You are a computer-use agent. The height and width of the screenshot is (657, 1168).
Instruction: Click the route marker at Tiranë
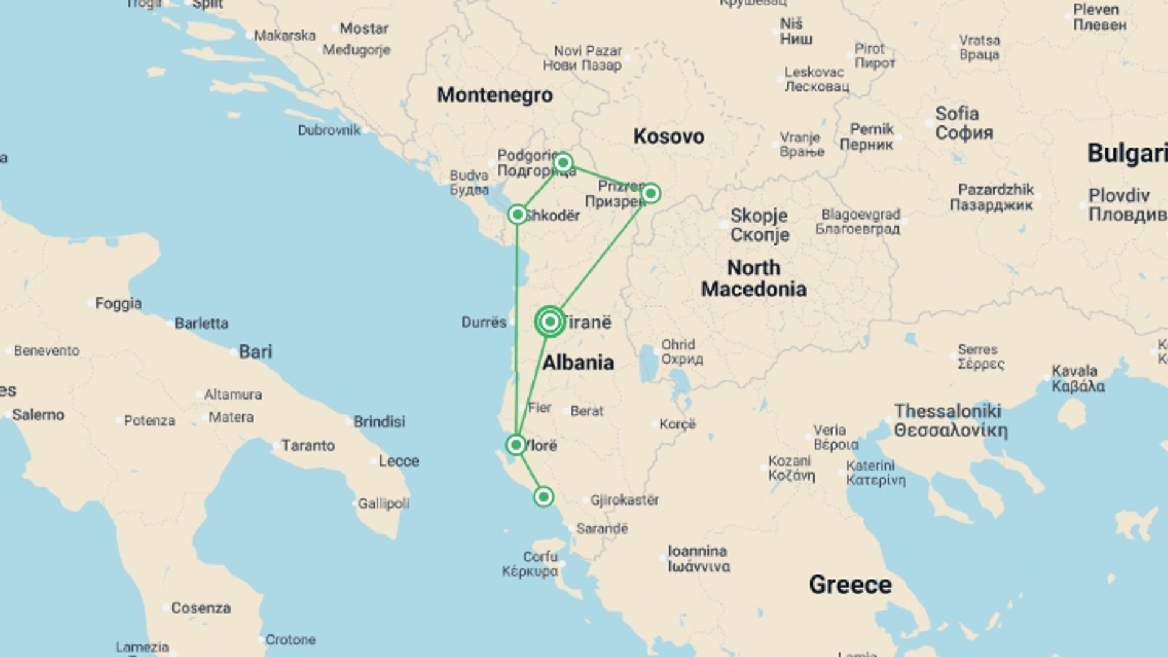pos(550,321)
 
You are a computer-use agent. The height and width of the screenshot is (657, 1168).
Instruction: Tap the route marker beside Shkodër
pos(517,214)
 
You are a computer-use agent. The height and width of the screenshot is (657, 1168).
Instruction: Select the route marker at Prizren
pos(650,193)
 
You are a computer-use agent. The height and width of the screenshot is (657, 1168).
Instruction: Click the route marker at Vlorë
pos(516,445)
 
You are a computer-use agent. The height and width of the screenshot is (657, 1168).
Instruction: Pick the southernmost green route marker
pos(543,497)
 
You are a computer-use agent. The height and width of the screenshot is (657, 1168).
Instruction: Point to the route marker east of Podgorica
pos(563,162)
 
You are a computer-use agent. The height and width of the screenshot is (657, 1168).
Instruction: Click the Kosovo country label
pos(669,136)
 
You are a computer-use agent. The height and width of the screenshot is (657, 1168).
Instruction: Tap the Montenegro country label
pos(495,95)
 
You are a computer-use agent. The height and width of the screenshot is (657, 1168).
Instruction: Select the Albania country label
pos(577,363)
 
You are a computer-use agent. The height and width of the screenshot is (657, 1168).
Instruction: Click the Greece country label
pos(850,585)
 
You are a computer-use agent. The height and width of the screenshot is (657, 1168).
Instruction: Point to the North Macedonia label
pos(754,278)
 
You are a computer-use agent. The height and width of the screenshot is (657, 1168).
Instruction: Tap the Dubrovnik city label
pos(328,130)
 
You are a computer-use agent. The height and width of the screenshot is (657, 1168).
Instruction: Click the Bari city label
pos(255,352)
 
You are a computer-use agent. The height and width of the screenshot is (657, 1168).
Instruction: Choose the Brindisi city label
pos(379,422)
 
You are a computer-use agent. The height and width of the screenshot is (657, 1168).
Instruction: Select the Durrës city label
pos(484,322)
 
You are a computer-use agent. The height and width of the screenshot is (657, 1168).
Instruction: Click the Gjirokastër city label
pos(625,500)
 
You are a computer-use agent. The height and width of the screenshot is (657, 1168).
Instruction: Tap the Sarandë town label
pos(602,529)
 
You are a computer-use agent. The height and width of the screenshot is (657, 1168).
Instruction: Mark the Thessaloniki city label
pos(948,412)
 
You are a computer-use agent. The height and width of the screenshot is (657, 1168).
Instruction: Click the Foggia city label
pos(118,303)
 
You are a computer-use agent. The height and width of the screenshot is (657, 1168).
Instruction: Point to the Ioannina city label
pos(697,551)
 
